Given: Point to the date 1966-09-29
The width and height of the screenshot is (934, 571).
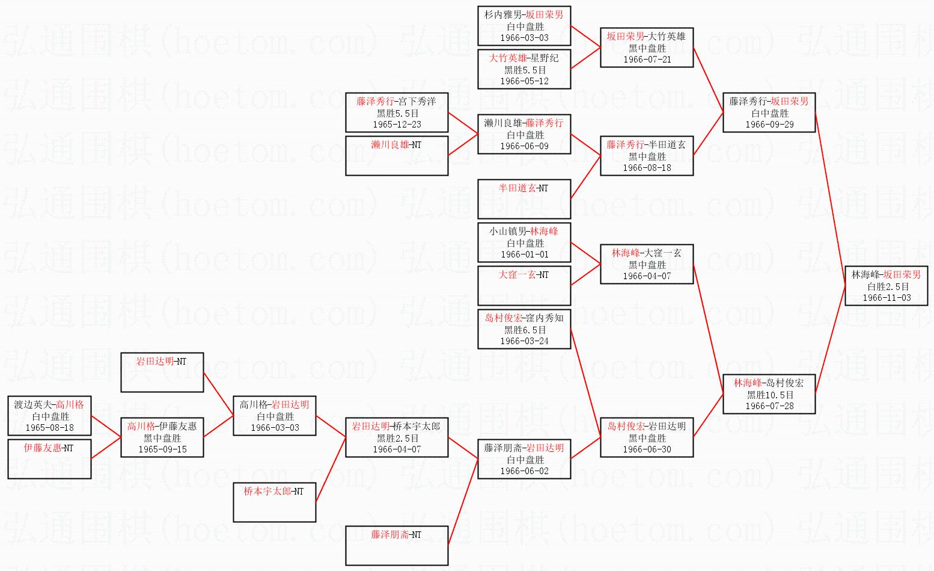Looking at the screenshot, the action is coord(769,125).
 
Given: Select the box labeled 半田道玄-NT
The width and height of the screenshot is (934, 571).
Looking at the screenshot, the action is coord(523,199).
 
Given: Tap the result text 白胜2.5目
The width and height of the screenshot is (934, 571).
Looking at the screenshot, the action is coord(887,286).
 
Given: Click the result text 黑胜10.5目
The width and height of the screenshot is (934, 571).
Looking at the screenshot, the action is coord(769,395).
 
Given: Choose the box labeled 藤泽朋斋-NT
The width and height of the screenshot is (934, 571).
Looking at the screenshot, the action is coord(396,545).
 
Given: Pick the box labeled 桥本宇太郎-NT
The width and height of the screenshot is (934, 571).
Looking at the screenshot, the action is coord(274,502).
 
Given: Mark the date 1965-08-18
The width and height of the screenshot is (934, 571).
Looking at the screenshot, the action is coord(49,428).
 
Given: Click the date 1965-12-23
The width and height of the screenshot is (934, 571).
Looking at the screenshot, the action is coord(397,125).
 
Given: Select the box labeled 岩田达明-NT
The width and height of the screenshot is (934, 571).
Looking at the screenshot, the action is coord(162,372).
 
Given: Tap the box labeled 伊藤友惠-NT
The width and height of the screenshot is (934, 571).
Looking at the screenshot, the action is coord(49,458).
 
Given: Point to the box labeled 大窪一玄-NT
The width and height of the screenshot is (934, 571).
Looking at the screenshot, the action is coord(523,285).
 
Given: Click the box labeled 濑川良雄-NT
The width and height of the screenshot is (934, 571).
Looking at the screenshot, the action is coord(396,155).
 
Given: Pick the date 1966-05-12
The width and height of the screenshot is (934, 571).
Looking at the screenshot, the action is coord(524,81).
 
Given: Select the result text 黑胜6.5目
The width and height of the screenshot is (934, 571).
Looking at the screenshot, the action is coord(524,330).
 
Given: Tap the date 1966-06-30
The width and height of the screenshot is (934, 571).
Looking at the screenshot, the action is coord(647,449).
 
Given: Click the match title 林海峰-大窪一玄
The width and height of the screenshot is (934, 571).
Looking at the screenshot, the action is coord(647,253).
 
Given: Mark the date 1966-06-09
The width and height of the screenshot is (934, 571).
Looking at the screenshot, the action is coord(524,146).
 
